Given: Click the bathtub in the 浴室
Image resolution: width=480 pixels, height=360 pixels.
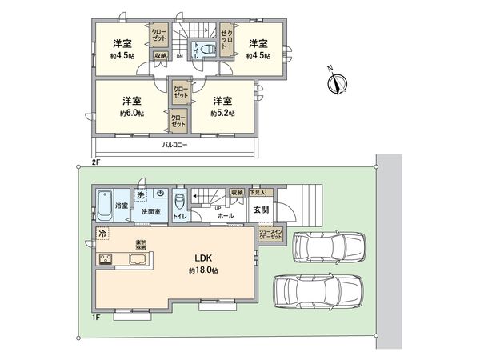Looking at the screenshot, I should [104, 201].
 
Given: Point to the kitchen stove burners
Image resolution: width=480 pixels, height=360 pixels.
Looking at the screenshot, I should [106, 258].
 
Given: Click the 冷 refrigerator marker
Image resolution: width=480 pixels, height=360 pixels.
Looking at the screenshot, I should [102, 233].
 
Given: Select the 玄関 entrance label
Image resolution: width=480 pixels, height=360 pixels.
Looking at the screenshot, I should [262, 211].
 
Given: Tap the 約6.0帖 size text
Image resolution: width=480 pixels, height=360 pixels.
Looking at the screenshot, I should [132, 114].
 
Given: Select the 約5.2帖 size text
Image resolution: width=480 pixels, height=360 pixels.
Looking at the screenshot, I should [222, 114].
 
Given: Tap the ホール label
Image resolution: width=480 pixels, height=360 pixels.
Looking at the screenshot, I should [226, 216].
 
